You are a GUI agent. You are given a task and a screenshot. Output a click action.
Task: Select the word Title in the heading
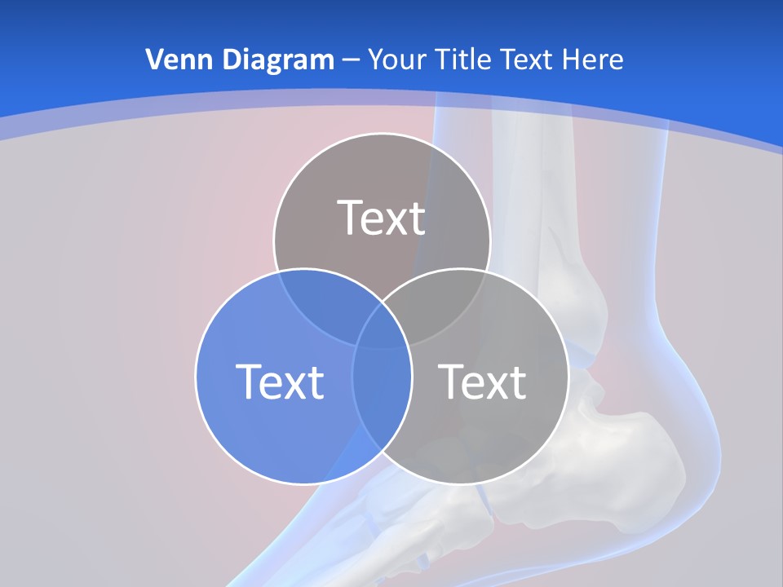coord(466,60)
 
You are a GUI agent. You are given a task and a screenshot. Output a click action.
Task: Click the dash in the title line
coord(351,60)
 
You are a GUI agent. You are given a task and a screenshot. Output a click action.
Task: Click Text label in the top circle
coord(382,218)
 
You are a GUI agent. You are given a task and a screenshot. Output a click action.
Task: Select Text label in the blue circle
coord(280,382)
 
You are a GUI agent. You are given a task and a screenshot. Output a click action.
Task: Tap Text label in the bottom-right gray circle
coord(483,382)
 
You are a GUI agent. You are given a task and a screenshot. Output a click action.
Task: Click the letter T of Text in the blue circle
coord(248,382)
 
